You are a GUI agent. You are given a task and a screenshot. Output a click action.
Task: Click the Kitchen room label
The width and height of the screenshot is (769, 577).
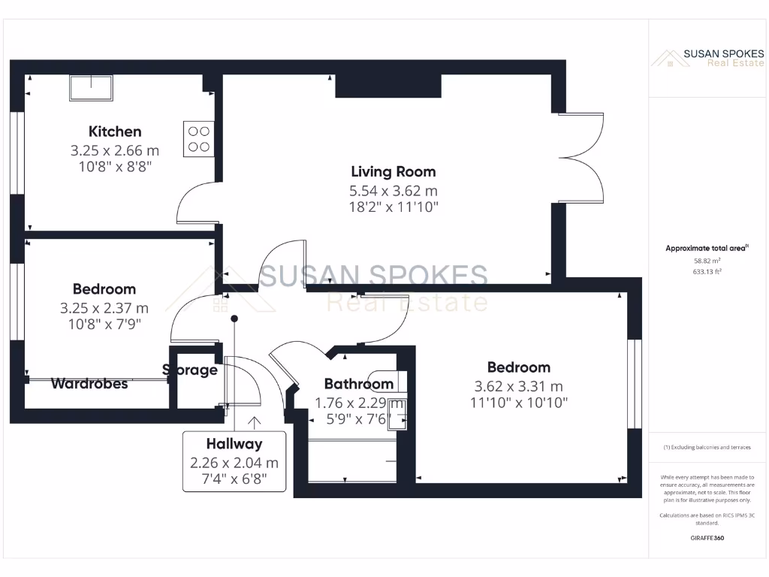pos(115,131)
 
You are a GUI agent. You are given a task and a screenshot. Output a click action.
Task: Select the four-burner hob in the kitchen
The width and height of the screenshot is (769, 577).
pos(199,139)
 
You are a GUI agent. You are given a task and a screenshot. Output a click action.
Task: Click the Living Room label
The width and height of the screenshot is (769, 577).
pos(393,172)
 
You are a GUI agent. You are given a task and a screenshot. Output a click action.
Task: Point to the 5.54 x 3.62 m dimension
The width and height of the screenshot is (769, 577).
pos(393,191)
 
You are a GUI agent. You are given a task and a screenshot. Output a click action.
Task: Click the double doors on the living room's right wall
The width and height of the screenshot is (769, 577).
pos(582,157)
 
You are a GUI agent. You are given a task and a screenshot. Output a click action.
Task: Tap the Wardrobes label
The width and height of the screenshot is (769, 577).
pos(89,384)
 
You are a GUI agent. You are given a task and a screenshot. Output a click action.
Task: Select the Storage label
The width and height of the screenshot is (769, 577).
pos(190,370)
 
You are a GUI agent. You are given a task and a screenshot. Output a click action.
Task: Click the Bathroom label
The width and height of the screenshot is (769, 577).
pos(358,385)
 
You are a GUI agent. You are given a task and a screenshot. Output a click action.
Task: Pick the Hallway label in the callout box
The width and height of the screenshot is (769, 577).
pos(234,444)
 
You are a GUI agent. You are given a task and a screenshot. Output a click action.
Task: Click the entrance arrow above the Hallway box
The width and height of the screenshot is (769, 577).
pos(255,423)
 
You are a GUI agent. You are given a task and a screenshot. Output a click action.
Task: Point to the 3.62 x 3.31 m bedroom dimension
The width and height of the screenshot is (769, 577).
pos(518,386)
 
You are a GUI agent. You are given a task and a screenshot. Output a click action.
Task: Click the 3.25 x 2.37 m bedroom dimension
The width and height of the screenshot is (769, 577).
pos(104,307)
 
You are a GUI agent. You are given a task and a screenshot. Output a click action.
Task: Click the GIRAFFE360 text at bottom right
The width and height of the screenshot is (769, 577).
pos(707,538)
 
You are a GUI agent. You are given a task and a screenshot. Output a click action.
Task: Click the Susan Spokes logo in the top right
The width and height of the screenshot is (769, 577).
pos(707,58)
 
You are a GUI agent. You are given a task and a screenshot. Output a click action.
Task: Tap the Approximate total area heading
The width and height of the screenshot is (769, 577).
pos(707,248)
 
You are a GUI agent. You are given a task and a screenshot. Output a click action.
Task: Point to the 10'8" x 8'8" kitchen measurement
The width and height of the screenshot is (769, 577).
pos(115,167)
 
